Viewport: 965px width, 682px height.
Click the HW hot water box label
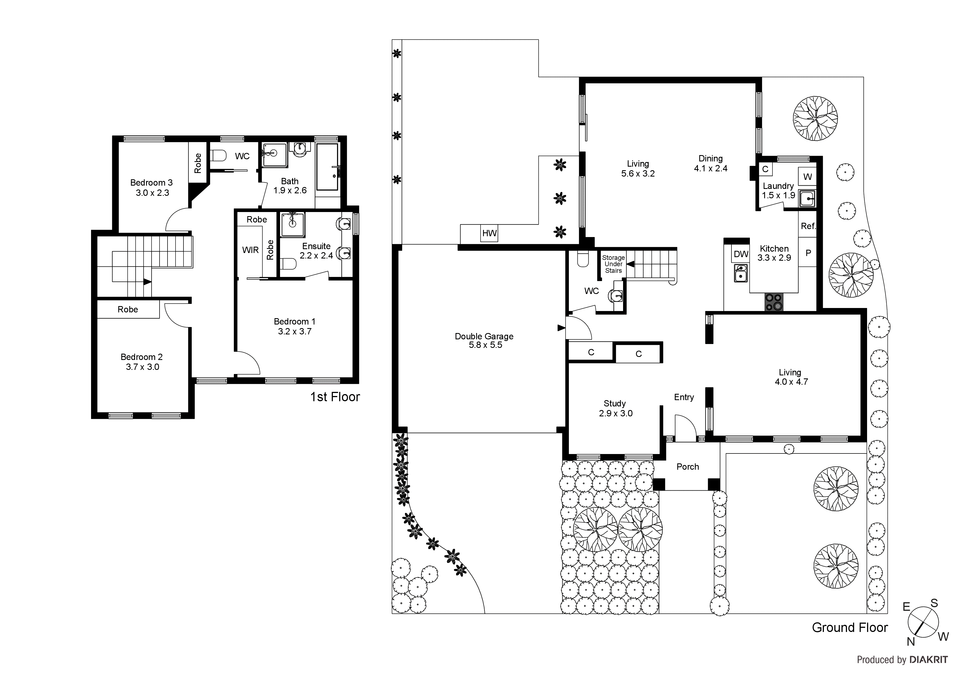(x=489, y=233)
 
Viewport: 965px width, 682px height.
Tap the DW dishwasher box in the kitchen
(x=741, y=254)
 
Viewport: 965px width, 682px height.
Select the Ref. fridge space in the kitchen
(x=807, y=226)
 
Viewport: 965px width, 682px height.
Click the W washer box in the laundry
(x=807, y=177)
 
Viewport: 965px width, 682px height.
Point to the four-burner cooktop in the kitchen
(x=774, y=302)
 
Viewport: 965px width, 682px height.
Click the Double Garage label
(x=484, y=336)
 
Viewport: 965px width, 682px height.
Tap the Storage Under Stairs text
(x=613, y=264)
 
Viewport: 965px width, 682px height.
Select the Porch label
(x=688, y=466)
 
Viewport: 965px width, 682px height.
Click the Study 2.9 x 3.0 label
(x=615, y=408)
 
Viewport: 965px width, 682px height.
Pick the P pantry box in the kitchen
(x=807, y=253)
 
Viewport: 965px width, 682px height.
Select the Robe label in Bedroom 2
(x=128, y=309)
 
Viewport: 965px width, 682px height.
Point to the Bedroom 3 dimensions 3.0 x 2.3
(x=152, y=193)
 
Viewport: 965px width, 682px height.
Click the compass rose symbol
(x=923, y=622)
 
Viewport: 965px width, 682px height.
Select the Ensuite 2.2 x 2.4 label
(x=316, y=251)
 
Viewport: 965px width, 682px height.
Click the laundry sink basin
(x=807, y=198)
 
